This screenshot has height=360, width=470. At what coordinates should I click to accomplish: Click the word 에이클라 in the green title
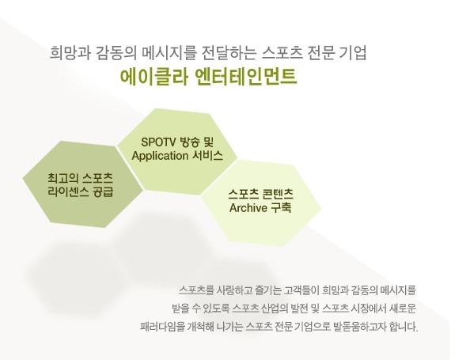(x=154, y=77)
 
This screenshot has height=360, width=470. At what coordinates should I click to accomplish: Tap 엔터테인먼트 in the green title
(x=246, y=77)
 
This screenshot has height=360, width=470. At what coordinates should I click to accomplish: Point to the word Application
(x=160, y=156)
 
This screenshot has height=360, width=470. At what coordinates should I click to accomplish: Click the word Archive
(x=248, y=208)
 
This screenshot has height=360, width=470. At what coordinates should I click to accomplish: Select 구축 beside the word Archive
(x=281, y=208)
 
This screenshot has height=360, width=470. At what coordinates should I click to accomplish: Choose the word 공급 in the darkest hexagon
(x=103, y=191)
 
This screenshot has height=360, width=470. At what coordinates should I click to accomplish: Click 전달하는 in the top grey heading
(x=229, y=53)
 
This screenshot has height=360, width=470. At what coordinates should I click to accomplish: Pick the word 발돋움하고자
(x=359, y=327)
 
